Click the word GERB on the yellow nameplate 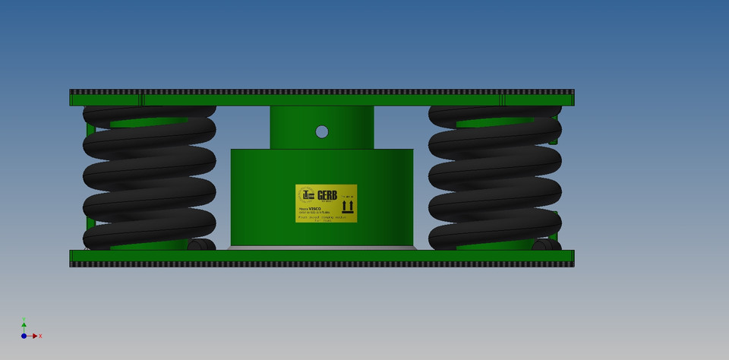327,195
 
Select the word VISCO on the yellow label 314,208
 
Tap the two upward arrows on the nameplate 347,207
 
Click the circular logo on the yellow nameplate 306,195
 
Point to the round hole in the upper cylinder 322,131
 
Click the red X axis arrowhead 35,336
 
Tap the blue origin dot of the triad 24,336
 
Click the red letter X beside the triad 40,336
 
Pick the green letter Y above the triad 24,319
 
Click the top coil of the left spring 150,114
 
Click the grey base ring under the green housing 322,248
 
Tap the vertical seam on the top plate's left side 142,99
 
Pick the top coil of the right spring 495,114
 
